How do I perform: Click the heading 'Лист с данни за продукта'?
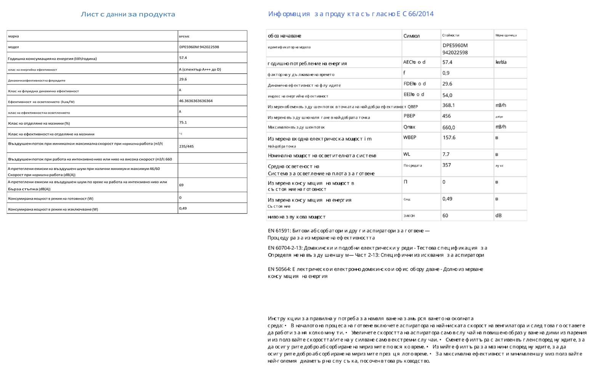point(128,14)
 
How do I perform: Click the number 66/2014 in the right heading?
point(421,14)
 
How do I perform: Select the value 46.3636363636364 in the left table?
point(196,101)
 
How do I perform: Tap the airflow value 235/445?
point(186,146)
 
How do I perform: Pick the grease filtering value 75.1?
point(183,122)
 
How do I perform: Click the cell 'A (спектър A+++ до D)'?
point(200,69)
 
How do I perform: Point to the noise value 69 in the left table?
point(181,185)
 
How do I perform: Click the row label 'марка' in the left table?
point(13,36)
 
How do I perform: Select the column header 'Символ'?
point(411,36)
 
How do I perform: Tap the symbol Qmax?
point(409,127)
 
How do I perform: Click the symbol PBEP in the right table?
point(409,116)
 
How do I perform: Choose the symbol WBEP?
point(410,137)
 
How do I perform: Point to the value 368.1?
point(449,105)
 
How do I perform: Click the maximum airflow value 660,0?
point(449,127)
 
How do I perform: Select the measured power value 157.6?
point(449,138)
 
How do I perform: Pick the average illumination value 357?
point(447,165)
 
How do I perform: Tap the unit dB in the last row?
point(498,215)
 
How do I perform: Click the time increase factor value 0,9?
point(446,73)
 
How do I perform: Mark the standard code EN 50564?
point(279,269)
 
